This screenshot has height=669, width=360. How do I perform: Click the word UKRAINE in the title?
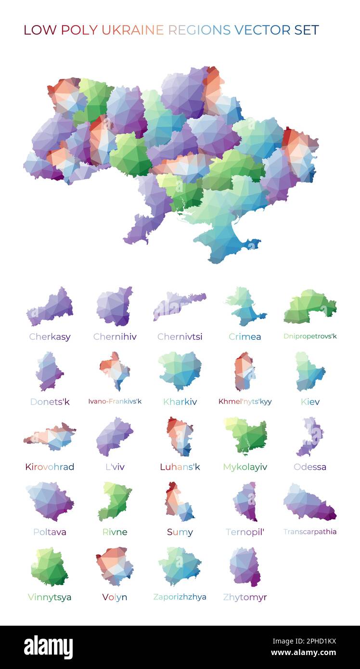[132, 30]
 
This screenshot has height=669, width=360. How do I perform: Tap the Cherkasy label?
[50, 336]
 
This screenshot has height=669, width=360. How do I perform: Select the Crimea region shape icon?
[245, 307]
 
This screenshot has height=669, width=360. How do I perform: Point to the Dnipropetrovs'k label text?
[310, 336]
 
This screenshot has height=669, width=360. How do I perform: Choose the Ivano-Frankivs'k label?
[115, 401]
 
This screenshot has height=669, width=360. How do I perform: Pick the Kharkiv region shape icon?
[180, 370]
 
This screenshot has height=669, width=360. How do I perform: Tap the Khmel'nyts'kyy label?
[245, 401]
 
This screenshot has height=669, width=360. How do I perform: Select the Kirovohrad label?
[50, 466]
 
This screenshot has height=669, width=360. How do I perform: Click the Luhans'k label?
[180, 466]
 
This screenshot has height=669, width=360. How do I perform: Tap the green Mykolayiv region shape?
[246, 436]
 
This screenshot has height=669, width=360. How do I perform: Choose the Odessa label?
[310, 466]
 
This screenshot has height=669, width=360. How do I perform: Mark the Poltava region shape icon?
[50, 501]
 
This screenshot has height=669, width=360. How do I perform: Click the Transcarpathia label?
[310, 532]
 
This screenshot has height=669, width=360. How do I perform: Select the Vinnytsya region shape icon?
[49, 566]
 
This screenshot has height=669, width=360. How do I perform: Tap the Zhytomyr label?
[245, 597]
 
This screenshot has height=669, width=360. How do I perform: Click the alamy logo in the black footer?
[48, 647]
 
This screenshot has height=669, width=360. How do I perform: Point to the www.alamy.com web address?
[303, 653]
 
